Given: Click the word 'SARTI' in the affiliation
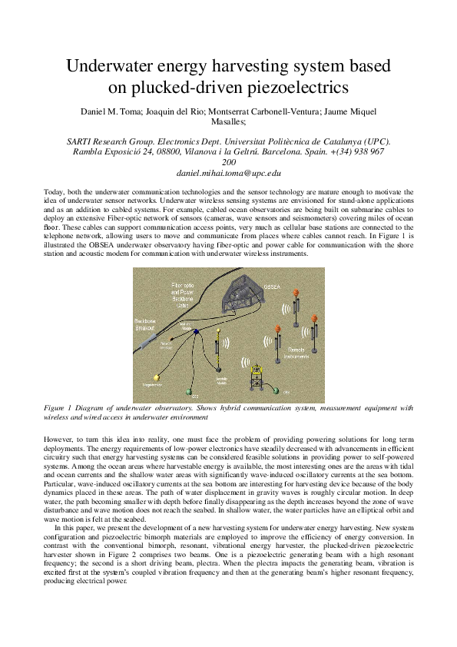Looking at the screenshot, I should click(x=83, y=141).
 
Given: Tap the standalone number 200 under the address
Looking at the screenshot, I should click(x=228, y=163).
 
